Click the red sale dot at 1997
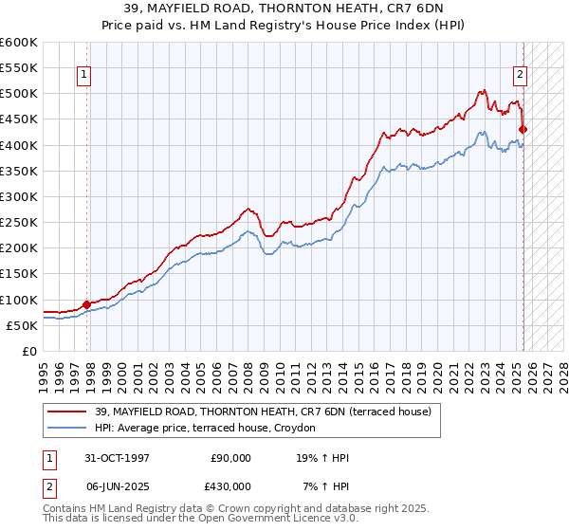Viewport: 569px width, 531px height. point(87,304)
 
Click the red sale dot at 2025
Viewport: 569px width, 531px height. point(523,129)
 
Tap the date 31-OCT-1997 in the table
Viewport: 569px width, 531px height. point(119,458)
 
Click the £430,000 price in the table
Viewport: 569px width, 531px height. point(230,485)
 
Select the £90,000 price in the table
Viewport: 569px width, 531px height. point(230,458)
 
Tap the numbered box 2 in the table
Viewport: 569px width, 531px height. point(47,485)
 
